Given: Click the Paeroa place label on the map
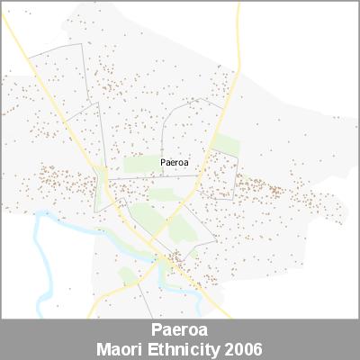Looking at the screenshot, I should [175, 163].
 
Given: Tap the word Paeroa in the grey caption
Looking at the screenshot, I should [180, 330].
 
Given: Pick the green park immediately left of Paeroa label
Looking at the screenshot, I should [140, 164].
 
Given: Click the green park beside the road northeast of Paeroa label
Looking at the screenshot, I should [226, 145].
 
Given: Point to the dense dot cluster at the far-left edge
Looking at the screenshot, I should [54, 175].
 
